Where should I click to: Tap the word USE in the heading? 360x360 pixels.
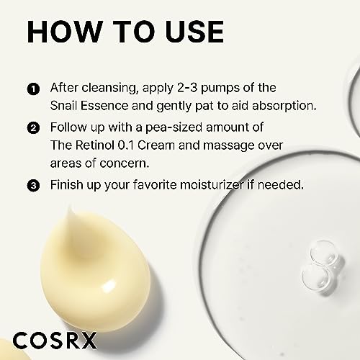(194, 32)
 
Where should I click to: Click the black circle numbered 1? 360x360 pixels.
(33, 89)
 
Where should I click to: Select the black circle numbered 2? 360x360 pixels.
(33, 128)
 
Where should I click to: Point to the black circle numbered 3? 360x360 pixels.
(33, 186)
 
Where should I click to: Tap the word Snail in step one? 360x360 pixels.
(63, 106)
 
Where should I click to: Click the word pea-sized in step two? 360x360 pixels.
(174, 128)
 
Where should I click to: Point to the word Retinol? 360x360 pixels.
(95, 145)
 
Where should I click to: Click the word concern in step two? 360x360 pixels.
(125, 163)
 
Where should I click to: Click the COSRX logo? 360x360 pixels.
(55, 341)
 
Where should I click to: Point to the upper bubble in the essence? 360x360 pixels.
(324, 253)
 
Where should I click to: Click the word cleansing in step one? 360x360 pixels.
(109, 88)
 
